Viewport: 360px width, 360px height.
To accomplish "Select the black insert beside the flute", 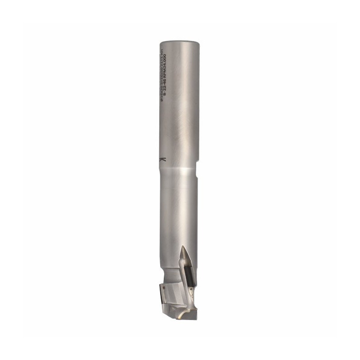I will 191,272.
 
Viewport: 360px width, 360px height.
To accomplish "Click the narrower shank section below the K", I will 178,202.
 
